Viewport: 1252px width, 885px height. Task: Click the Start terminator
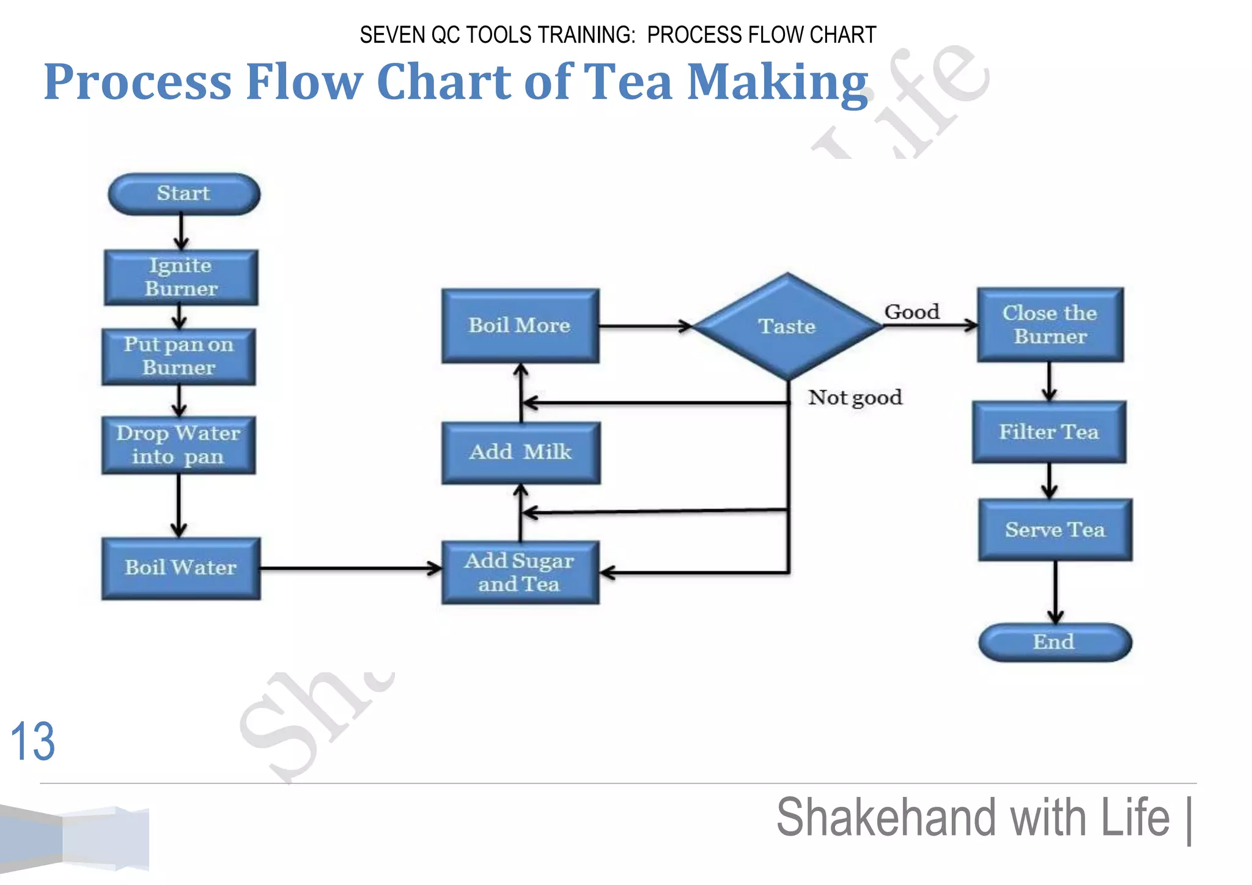point(183,194)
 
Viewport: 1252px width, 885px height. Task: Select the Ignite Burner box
point(181,277)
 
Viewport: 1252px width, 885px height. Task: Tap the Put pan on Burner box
point(179,356)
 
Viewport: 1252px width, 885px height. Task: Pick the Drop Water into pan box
point(179,445)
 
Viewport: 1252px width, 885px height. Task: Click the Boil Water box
point(181,568)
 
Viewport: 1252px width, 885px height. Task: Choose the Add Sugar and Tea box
point(520,572)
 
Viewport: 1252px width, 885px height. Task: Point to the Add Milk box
point(521,452)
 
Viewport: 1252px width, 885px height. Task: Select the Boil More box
point(520,326)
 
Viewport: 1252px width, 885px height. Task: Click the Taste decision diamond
point(787,326)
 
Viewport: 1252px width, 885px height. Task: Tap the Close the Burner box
point(1050,325)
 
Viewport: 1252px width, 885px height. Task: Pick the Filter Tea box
point(1049,432)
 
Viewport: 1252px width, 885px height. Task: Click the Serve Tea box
point(1055,530)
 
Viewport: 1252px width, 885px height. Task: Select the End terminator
point(1055,642)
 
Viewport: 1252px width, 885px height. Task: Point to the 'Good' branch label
point(911,312)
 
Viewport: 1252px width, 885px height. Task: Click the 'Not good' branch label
point(855,398)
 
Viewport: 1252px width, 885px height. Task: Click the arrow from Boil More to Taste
point(645,326)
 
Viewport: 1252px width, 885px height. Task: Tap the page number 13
point(33,741)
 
